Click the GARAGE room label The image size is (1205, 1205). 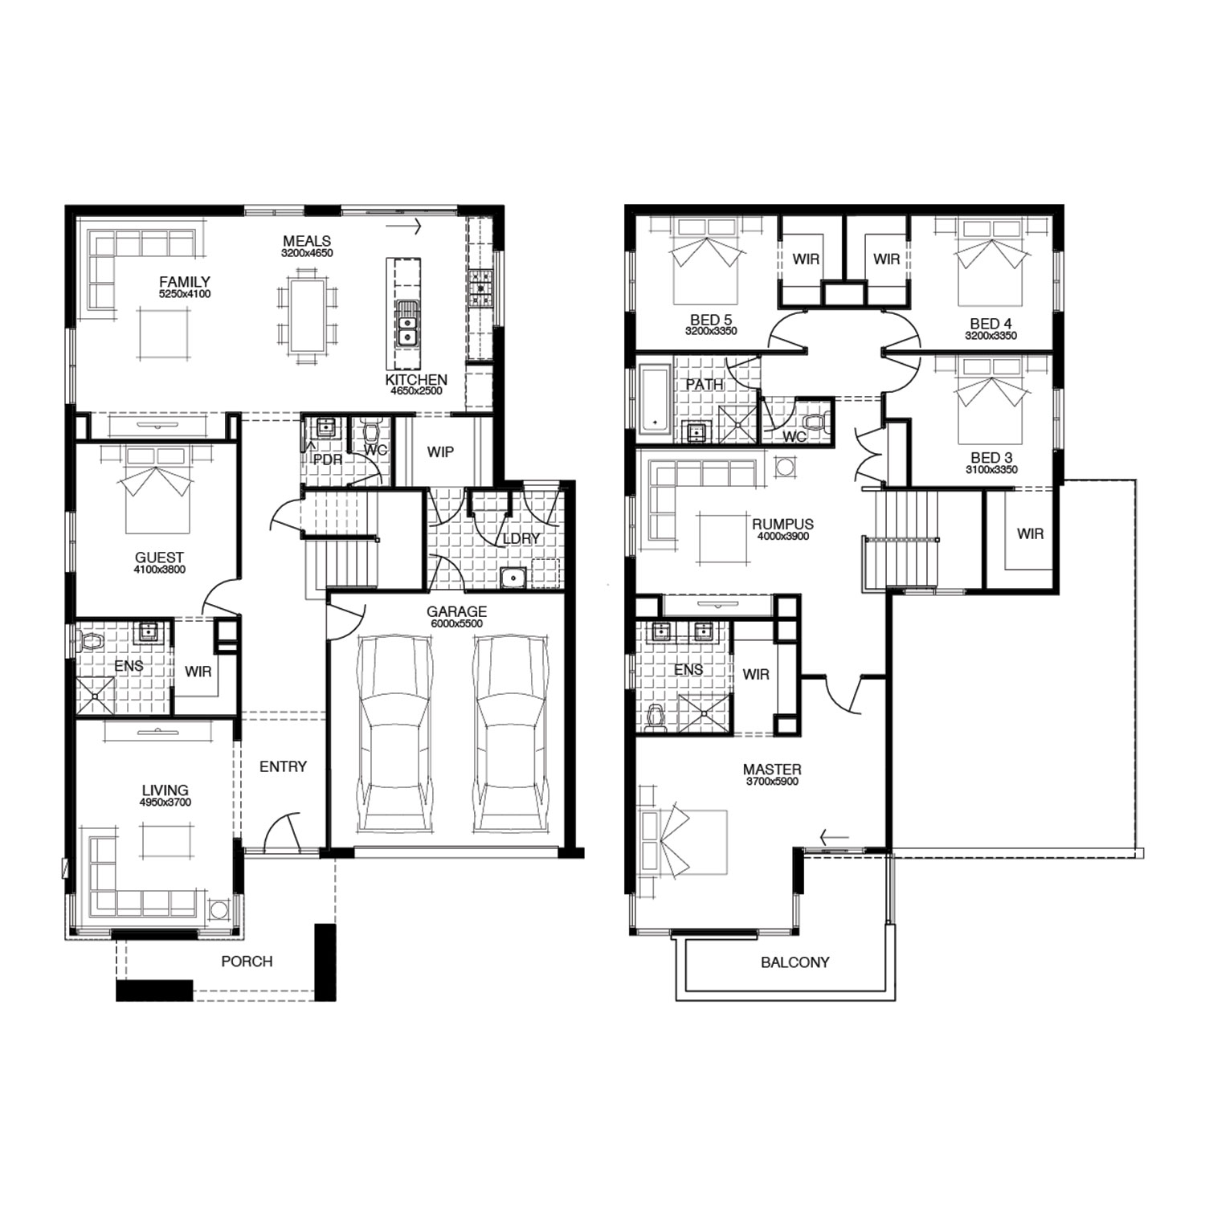tap(456, 611)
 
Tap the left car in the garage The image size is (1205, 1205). tap(394, 733)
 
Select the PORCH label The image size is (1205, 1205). tap(247, 961)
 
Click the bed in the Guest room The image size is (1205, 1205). tap(157, 489)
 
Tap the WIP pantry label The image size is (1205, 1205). tap(440, 451)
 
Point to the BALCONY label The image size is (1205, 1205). tap(795, 962)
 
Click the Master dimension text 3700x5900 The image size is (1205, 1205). tap(772, 781)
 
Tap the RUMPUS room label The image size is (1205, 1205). tap(783, 525)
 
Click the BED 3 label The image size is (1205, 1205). tap(991, 458)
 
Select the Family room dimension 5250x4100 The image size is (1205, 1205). tap(185, 294)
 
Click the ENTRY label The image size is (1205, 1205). tap(283, 766)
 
